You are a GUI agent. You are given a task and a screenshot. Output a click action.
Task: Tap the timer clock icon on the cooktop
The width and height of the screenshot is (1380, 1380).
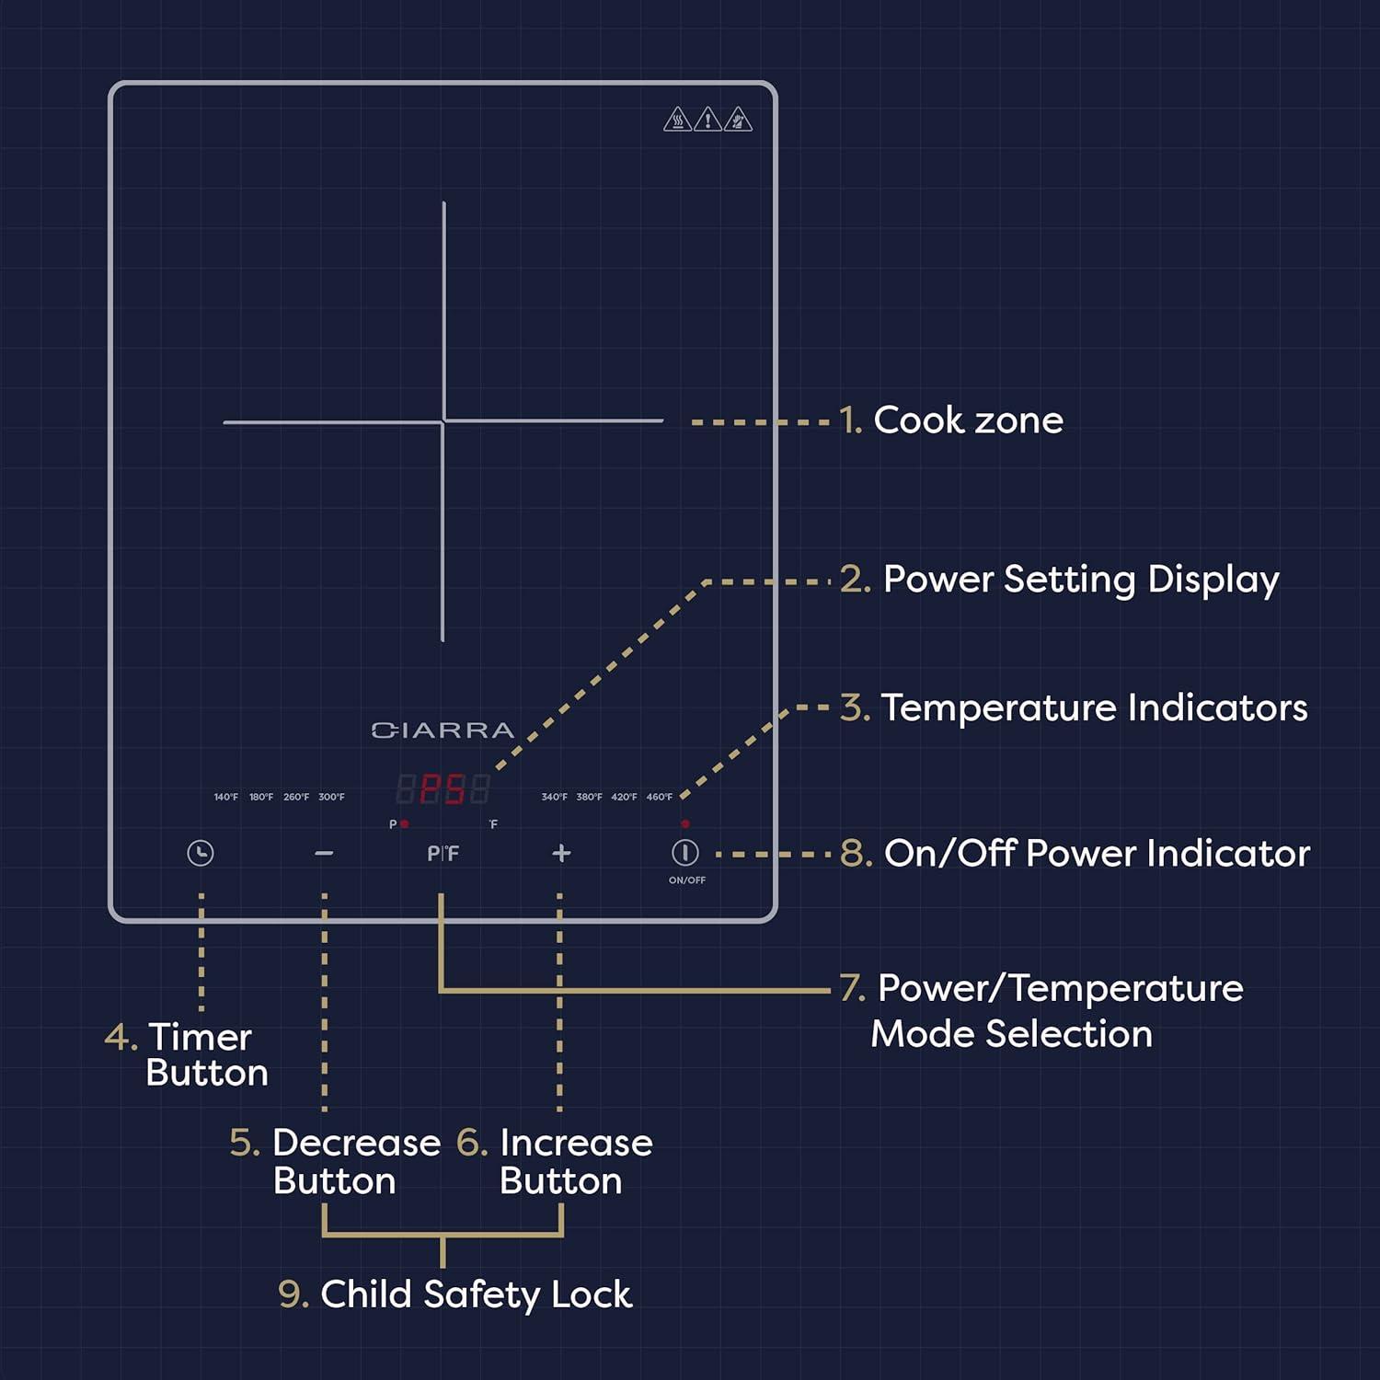pos(201,853)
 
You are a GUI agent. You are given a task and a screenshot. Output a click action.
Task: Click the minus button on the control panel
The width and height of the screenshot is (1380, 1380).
pos(324,854)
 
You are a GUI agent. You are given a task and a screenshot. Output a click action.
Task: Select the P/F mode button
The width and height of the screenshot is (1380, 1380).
pos(443,854)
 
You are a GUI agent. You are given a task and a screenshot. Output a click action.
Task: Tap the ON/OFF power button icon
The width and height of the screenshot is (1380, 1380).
pos(685,853)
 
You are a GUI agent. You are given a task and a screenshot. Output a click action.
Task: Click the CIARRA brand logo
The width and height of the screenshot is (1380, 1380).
pos(443,730)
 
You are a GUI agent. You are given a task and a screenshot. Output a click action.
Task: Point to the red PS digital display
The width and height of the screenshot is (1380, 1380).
pos(443,789)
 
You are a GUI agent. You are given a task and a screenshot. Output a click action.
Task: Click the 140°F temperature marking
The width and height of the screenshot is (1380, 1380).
pos(226,797)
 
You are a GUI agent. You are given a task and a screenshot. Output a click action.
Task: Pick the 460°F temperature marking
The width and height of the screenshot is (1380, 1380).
pos(659,797)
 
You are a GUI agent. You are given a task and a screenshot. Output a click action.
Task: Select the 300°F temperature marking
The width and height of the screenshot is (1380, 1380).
pos(331,797)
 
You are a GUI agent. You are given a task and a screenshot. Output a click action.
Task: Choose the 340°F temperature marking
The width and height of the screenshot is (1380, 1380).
pos(554,797)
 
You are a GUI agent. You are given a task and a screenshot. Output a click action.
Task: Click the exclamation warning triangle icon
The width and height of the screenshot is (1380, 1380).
pos(707,120)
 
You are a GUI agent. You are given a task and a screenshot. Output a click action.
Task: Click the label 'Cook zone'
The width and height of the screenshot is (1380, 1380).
pos(968,420)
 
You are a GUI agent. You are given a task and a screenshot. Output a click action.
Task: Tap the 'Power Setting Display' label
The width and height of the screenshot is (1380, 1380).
pos(1080,580)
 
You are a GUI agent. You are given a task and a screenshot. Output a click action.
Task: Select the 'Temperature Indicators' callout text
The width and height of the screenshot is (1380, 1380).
pos(1094,708)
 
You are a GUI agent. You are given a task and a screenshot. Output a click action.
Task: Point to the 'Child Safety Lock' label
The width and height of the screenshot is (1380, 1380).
pos(476,1294)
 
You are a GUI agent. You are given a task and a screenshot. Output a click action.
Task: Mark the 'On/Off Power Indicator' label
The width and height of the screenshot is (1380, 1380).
pos(1097,854)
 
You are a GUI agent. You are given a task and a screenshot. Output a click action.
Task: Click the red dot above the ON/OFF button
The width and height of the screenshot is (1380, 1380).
pos(685,823)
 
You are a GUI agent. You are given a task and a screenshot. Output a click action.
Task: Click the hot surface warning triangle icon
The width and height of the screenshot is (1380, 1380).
pos(677,120)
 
